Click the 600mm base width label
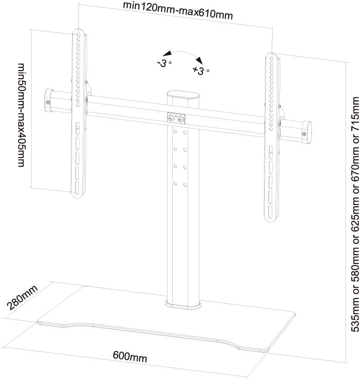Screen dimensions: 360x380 130,357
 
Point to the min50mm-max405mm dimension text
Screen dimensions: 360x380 22,115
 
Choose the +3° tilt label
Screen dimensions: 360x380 201,70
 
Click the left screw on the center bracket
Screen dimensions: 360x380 171,118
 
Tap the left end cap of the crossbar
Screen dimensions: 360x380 49,100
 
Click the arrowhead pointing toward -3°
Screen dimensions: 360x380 167,53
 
